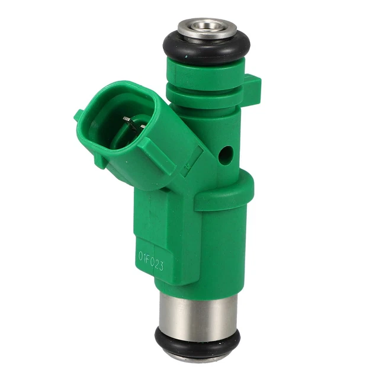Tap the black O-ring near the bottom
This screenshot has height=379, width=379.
(x=197, y=346)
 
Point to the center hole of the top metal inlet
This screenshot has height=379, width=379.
(x=207, y=26)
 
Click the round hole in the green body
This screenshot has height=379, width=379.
(x=226, y=154)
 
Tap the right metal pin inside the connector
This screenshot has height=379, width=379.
(x=143, y=126)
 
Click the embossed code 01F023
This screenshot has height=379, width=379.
(x=151, y=261)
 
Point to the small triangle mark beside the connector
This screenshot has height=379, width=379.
(x=187, y=167)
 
